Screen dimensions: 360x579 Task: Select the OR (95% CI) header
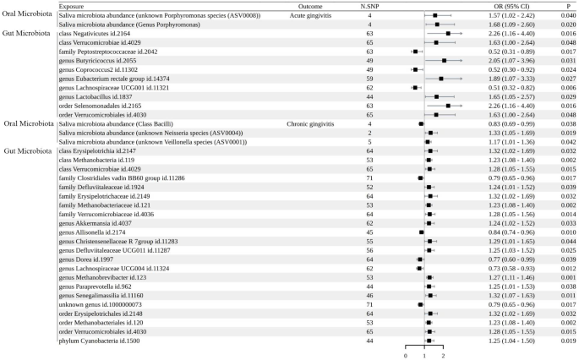pos(505,6)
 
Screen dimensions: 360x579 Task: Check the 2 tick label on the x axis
pos(443,355)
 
